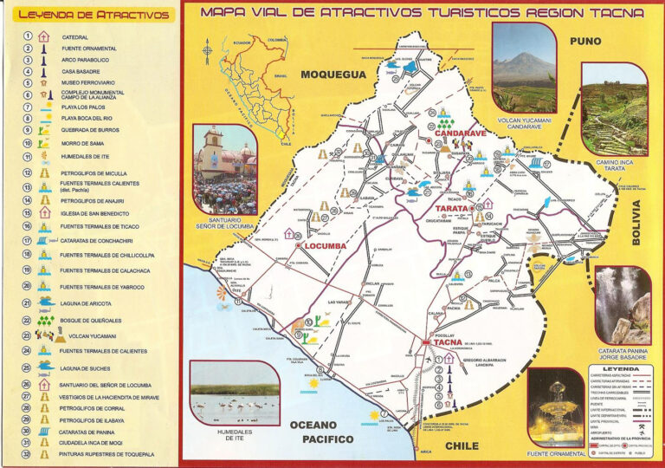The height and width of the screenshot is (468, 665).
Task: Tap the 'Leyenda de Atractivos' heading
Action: (x=94, y=15)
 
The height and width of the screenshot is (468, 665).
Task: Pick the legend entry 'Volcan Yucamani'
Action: (x=86, y=335)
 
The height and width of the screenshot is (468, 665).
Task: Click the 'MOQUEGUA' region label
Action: (x=333, y=75)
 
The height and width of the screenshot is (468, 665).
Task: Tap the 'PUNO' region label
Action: (x=585, y=41)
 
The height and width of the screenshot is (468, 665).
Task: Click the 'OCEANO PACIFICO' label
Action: (x=321, y=432)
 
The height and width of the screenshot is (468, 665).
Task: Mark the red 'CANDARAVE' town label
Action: (x=460, y=133)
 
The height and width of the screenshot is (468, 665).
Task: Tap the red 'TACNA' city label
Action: (x=448, y=341)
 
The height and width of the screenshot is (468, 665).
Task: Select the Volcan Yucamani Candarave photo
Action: (x=523, y=66)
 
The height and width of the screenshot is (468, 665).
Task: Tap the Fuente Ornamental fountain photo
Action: (x=557, y=406)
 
